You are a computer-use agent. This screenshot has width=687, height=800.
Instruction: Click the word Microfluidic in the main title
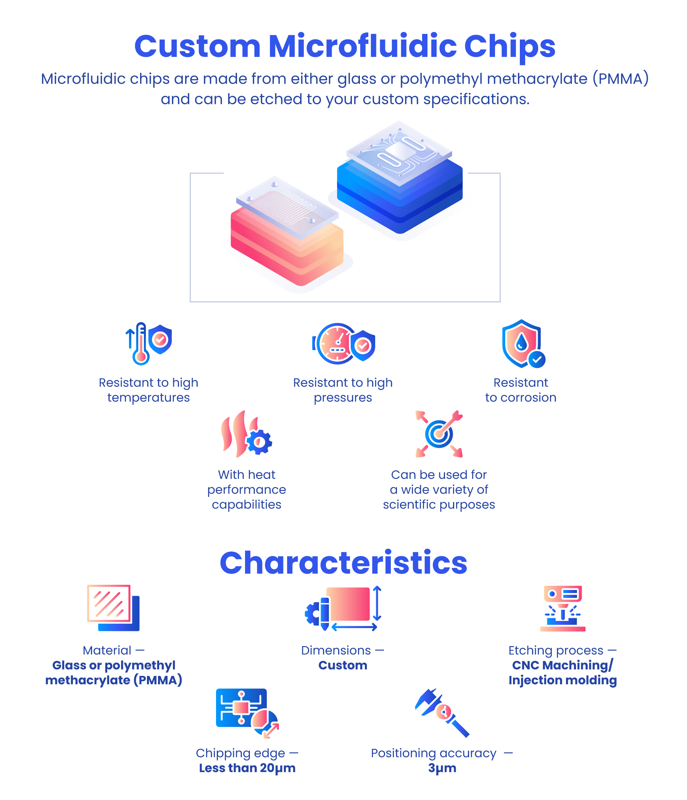coord(362,46)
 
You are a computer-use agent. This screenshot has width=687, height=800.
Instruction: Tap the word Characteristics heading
coord(343,562)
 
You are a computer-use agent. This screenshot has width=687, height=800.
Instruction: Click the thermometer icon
coord(140,344)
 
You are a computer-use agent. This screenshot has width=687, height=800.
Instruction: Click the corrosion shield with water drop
coord(521,343)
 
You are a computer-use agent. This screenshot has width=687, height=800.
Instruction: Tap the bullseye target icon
coord(439,434)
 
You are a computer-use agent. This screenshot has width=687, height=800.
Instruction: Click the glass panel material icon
coord(113,608)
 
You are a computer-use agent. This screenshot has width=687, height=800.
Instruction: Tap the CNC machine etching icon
coord(562,608)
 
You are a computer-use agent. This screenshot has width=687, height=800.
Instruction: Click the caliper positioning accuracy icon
coord(442,713)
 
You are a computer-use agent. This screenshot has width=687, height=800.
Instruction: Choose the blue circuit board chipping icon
coord(247,713)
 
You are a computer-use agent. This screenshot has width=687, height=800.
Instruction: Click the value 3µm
coord(442,768)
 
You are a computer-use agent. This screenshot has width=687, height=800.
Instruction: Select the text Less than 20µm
coord(247,768)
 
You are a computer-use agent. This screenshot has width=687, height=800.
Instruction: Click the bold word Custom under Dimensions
coord(343,665)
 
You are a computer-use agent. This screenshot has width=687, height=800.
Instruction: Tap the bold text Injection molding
coord(562,680)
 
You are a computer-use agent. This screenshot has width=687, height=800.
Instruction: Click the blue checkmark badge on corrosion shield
coord(537,359)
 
